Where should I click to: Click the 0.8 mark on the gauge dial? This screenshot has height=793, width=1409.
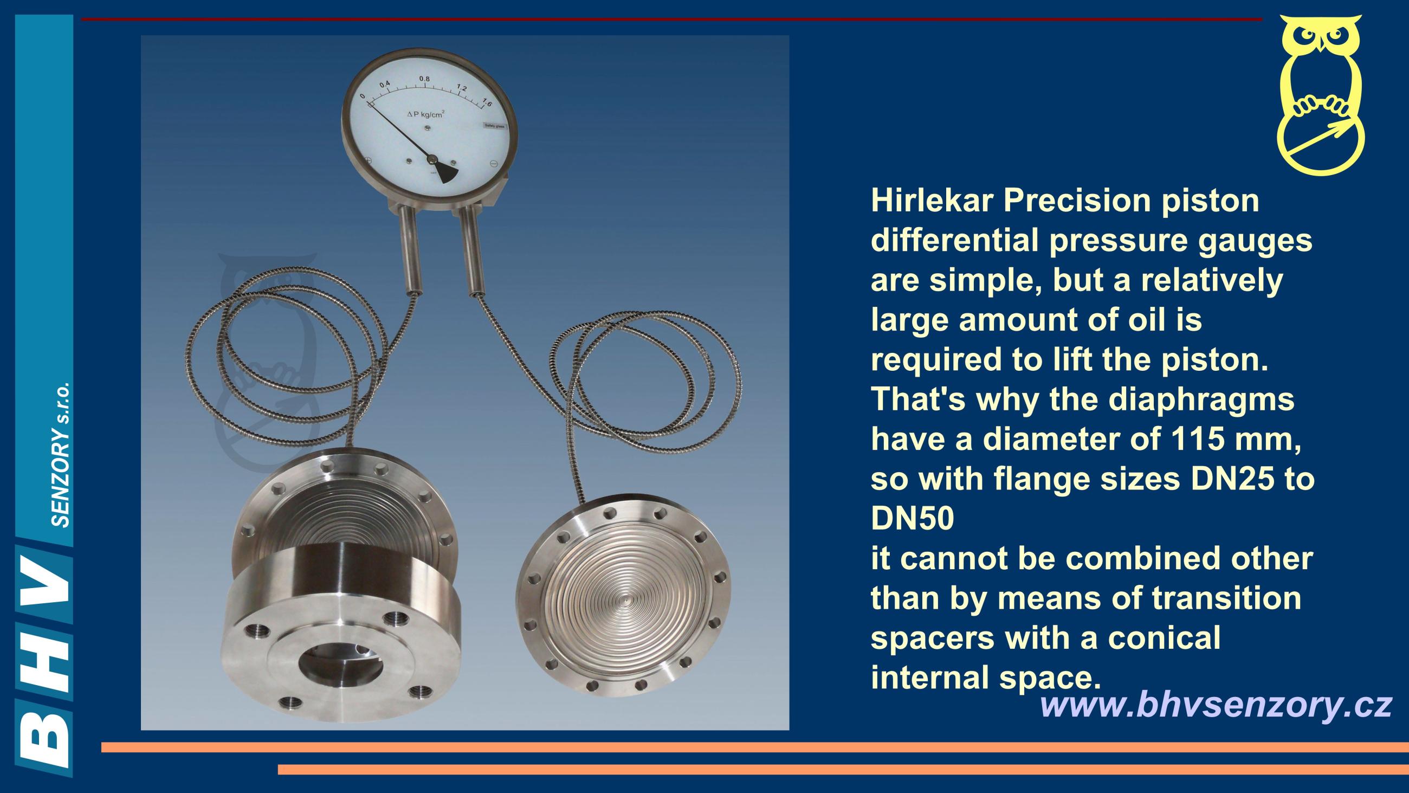pos(424,79)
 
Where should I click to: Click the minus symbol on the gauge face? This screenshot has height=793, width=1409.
pos(493,163)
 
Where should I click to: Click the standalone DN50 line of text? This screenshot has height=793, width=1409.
pos(913,519)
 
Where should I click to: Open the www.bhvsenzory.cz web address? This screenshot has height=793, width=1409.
pos(1216,706)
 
